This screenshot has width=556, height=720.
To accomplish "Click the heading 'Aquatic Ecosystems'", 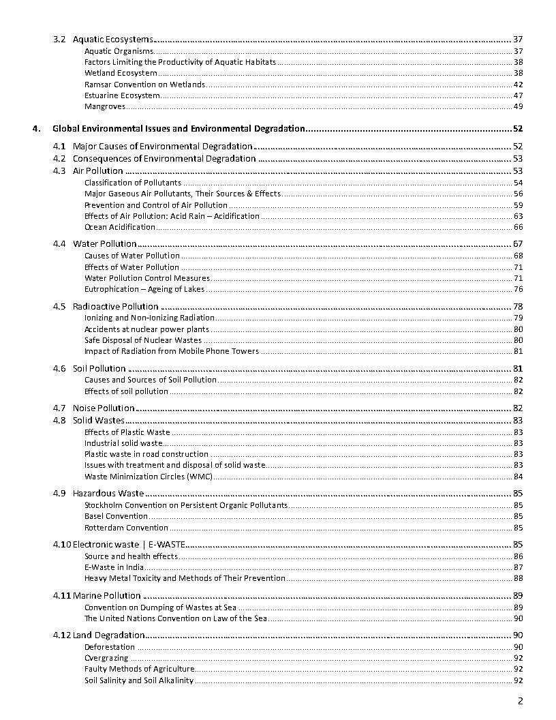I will pyautogui.click(x=112, y=40).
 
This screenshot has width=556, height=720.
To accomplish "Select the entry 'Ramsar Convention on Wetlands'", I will pyautogui.click(x=144, y=85).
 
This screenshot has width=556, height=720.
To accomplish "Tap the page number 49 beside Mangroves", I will pyautogui.click(x=518, y=106).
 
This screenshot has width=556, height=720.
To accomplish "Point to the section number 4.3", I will pyautogui.click(x=59, y=170).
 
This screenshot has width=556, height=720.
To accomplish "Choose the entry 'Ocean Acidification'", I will pyautogui.click(x=120, y=227).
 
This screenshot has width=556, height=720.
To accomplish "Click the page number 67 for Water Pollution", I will pyautogui.click(x=518, y=244).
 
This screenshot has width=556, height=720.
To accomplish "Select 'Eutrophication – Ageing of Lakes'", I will pyautogui.click(x=144, y=289).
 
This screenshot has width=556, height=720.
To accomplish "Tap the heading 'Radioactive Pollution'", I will pyautogui.click(x=115, y=306).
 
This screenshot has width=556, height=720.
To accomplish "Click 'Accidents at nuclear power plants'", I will pyautogui.click(x=146, y=329).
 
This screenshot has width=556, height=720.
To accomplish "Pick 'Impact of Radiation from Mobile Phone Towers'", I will pyautogui.click(x=172, y=351).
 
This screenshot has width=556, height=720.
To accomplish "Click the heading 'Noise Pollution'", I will pyautogui.click(x=104, y=408).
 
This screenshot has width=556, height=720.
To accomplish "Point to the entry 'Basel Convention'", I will pyautogui.click(x=116, y=516).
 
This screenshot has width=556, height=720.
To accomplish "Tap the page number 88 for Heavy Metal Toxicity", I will pyautogui.click(x=518, y=578).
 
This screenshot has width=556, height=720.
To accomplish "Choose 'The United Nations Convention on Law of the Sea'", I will pyautogui.click(x=175, y=618).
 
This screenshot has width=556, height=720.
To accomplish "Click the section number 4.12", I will pyautogui.click(x=61, y=635).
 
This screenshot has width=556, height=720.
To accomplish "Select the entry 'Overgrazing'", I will pyautogui.click(x=106, y=658).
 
